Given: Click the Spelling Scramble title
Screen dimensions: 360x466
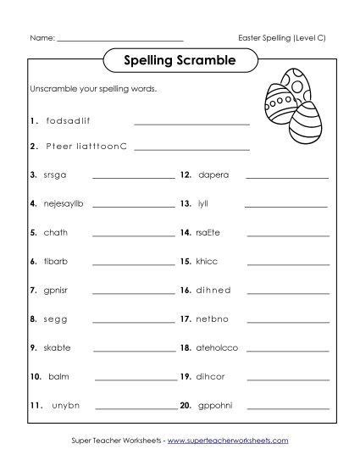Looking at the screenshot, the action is pos(179,61).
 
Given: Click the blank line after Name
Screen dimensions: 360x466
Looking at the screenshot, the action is pos(119,39).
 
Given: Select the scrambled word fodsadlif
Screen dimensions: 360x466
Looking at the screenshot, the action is pos(68,121).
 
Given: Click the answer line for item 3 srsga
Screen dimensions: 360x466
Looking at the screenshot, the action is pos(133,177).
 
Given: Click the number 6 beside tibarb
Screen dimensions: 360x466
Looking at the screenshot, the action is pos(33,261).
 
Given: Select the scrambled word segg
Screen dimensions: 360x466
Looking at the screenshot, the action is pos(54,319).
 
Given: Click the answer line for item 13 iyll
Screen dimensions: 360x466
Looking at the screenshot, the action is pos(285,206).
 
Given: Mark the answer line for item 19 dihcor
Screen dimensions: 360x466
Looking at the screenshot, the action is pos(286,379).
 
